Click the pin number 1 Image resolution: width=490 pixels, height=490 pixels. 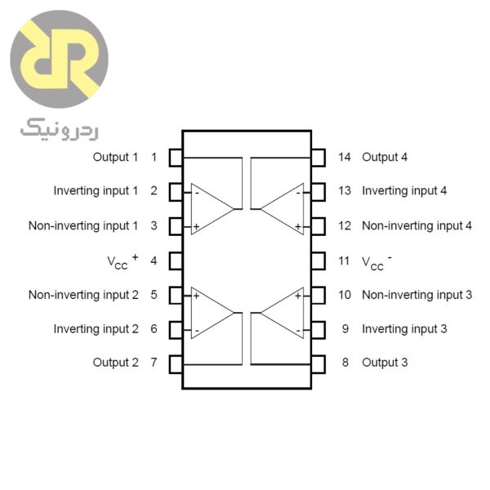pyautogui.click(x=154, y=157)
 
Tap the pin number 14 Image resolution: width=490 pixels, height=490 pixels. pyautogui.click(x=345, y=157)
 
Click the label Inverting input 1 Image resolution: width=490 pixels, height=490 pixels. pyautogui.click(x=96, y=191)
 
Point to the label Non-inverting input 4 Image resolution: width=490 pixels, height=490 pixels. pyautogui.click(x=416, y=225)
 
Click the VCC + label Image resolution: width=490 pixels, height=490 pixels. pyautogui.click(x=122, y=261)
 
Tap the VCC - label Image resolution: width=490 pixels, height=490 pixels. pyautogui.click(x=376, y=261)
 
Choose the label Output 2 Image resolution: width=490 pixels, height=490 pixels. pyautogui.click(x=115, y=363)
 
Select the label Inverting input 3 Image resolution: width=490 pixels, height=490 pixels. pyautogui.click(x=404, y=329)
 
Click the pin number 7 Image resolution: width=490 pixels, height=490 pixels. pyautogui.click(x=154, y=363)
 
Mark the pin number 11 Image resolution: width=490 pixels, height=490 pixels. pyautogui.click(x=345, y=261)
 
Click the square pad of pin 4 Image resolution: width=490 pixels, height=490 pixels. pyautogui.click(x=175, y=261)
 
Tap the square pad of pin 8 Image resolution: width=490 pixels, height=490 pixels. pyautogui.click(x=319, y=363)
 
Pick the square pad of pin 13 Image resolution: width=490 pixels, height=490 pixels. pyautogui.click(x=319, y=191)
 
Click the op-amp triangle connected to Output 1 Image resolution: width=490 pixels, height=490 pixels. pyautogui.click(x=210, y=209)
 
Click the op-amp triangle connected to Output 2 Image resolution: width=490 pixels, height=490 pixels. pyautogui.click(x=210, y=312)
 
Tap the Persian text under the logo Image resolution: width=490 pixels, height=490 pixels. pyautogui.click(x=58, y=127)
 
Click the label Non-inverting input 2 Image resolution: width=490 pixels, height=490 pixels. pyautogui.click(x=83, y=295)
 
